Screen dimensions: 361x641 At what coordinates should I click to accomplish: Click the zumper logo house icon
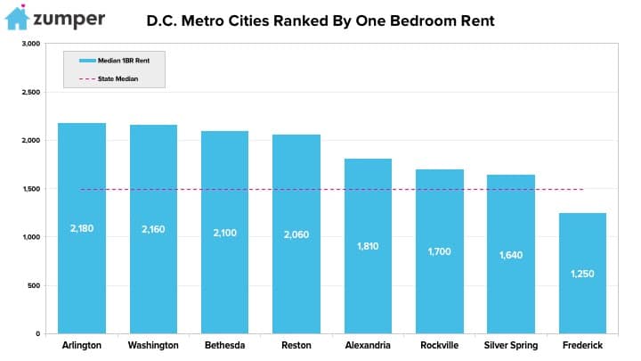pos(16,18)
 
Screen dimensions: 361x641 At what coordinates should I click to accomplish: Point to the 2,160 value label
pos(153,229)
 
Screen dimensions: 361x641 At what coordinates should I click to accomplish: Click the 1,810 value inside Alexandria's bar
pos(368,244)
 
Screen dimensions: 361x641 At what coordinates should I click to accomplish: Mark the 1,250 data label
pos(582,273)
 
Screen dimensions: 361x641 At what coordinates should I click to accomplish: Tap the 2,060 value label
pos(296,234)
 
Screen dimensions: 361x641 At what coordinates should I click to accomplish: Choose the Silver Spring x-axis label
pos(511,345)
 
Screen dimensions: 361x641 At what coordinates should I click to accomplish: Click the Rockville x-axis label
pos(440,345)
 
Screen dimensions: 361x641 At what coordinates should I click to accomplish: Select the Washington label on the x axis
pos(153,345)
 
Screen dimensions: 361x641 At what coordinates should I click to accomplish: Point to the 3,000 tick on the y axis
pos(31,44)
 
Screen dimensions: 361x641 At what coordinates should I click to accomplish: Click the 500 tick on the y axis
pos(34,285)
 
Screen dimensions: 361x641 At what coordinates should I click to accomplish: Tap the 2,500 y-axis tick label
pos(31,92)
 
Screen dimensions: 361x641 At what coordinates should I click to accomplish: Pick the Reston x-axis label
pos(296,345)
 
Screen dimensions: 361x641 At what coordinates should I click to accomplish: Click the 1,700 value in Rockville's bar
pos(440,251)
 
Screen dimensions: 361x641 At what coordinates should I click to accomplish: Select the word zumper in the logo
pos(70,19)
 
